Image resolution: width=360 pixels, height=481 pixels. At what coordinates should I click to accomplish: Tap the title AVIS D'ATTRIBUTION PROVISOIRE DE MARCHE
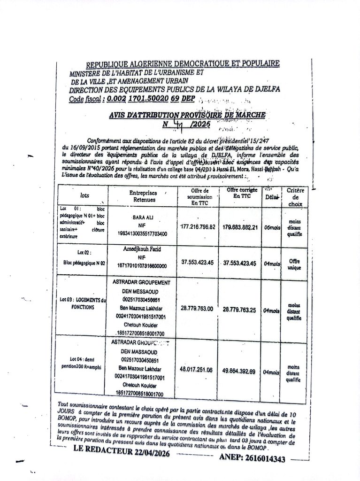tap(187, 115)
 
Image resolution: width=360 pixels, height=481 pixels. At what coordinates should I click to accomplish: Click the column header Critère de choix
tap(295, 197)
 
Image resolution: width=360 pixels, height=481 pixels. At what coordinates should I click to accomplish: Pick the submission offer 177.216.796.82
tap(198, 227)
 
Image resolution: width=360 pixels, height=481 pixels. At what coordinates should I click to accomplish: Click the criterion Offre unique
tap(294, 264)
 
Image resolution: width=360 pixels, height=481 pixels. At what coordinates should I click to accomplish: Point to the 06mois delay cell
tap(272, 227)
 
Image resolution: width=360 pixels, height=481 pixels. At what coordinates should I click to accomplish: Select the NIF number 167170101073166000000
tap(142, 266)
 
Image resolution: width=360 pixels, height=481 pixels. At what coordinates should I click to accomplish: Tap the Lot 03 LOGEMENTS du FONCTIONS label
tap(83, 303)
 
